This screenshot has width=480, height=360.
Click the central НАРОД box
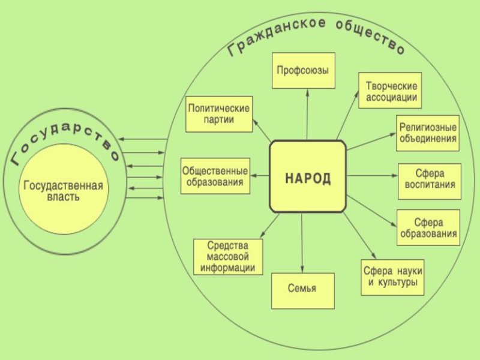tap(308, 176)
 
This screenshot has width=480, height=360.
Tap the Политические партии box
tap(218, 114)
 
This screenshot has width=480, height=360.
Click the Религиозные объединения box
tap(428, 133)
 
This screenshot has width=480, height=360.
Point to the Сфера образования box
tap(428, 227)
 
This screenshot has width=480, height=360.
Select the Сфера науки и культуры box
tap(392, 277)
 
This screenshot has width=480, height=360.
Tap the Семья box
tap(302, 290)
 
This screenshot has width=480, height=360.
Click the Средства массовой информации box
tap(228, 257)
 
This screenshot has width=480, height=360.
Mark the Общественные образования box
tap(215, 176)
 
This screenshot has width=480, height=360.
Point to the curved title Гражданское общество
tap(316, 35)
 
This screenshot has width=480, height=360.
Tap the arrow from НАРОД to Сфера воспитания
tap(372, 176)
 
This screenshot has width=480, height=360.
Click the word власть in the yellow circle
tap(63, 197)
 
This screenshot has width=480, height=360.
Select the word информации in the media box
tap(228, 268)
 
